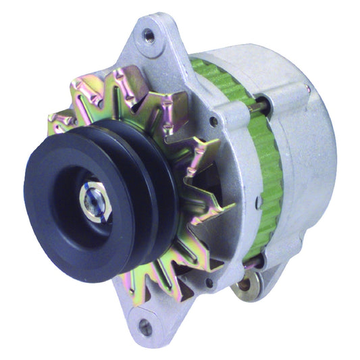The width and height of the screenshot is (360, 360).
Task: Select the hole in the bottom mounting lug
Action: [x=145, y=328]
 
